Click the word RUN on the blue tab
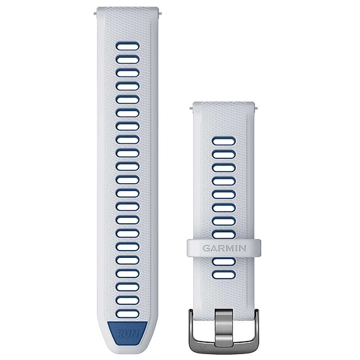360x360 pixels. [x=128, y=333]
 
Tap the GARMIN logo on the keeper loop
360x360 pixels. [x=224, y=248]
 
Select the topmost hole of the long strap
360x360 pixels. [x=128, y=46]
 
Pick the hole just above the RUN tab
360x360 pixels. [x=128, y=314]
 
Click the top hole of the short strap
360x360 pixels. [x=224, y=141]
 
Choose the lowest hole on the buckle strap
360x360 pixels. [x=224, y=275]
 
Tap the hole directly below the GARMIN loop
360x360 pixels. [x=224, y=262]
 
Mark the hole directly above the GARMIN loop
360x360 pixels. [x=224, y=234]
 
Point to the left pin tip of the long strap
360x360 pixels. [x=96, y=14]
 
